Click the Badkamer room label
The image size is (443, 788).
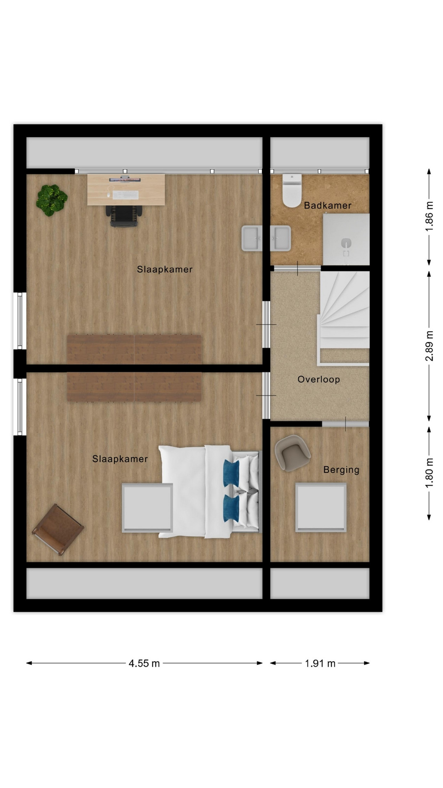[327, 205]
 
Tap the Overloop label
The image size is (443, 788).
[319, 379]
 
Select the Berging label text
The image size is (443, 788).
[341, 470]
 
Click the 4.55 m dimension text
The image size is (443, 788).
[144, 663]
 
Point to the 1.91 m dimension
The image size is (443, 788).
[320, 663]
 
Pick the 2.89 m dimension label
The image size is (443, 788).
[429, 346]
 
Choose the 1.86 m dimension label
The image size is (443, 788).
[429, 216]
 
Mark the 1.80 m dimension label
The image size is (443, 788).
[429, 474]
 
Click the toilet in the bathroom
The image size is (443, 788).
[292, 191]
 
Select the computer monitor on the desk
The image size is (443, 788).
[125, 179]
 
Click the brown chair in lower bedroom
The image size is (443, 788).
[58, 529]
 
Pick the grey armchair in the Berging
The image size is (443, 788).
[292, 452]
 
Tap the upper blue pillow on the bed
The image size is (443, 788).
[231, 473]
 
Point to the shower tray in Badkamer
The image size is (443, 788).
[346, 239]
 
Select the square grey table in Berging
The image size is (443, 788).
[321, 508]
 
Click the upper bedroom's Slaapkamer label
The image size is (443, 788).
[164, 270]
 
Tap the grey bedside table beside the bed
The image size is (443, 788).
[147, 508]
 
